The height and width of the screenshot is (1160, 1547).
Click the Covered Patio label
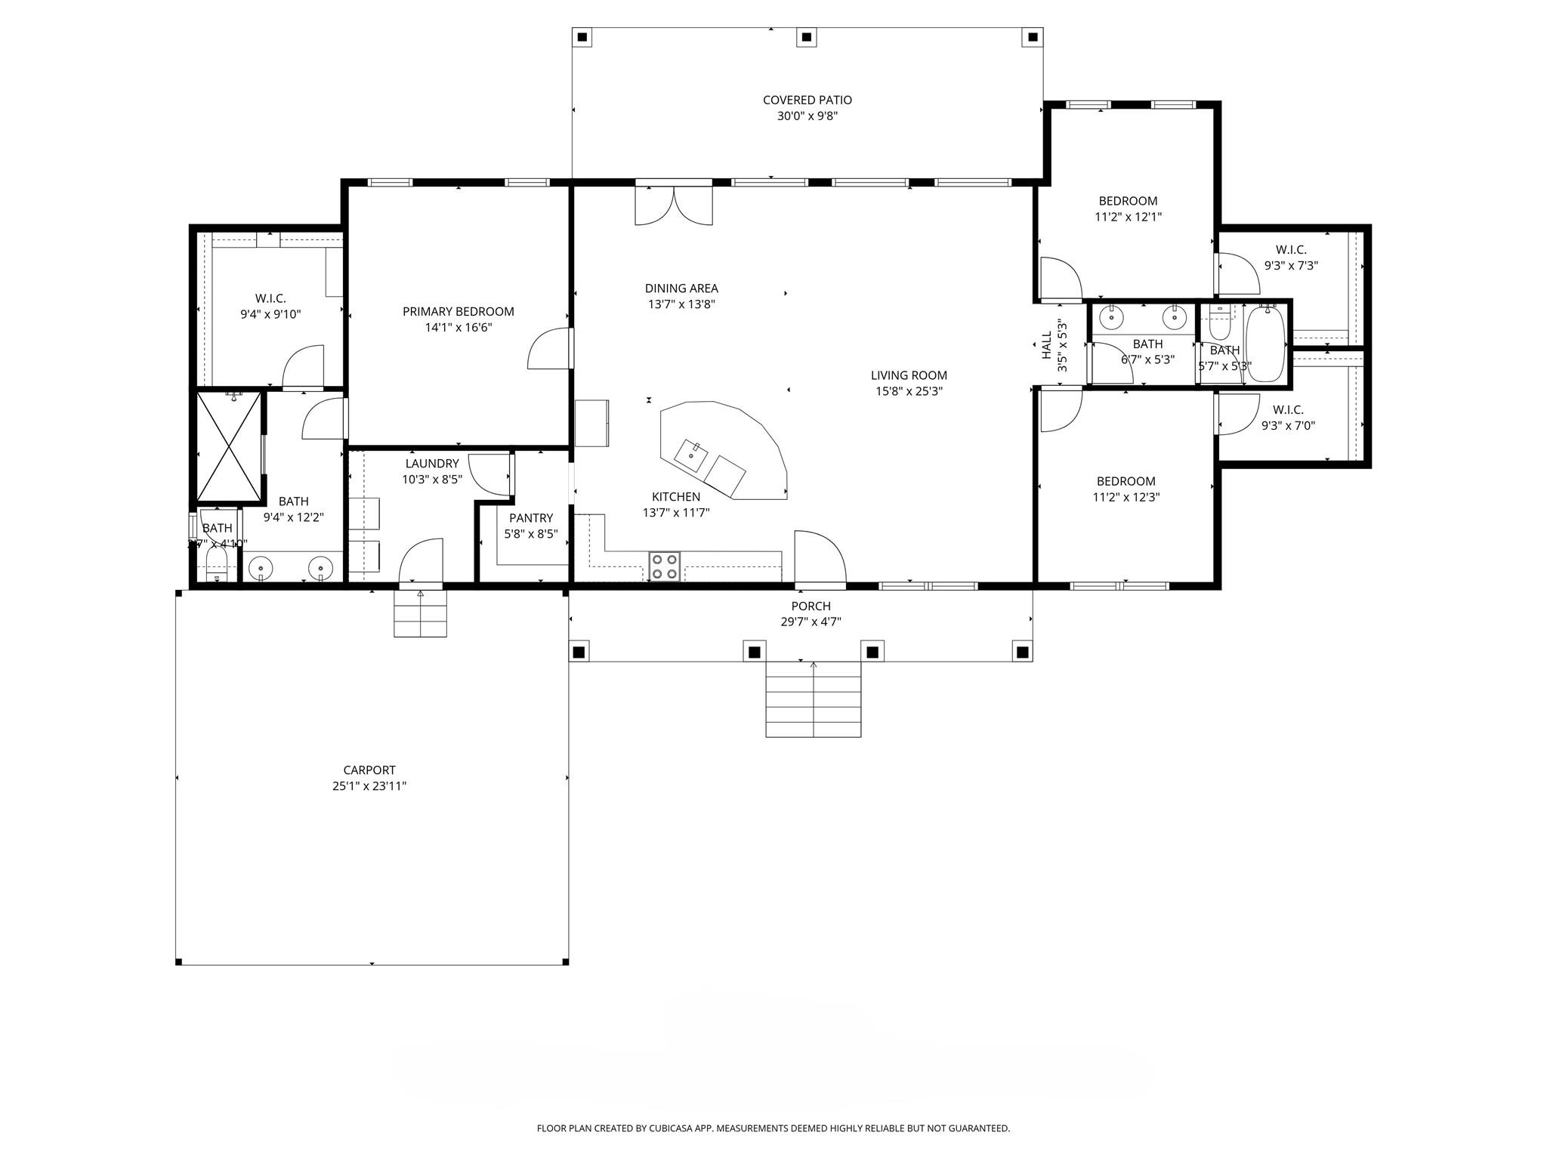[x=807, y=100]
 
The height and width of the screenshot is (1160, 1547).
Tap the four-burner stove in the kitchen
[x=665, y=566]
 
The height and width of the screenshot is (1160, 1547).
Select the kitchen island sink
[x=690, y=455]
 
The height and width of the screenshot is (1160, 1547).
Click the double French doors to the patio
[x=673, y=204]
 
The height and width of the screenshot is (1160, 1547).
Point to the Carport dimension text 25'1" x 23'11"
[x=369, y=785]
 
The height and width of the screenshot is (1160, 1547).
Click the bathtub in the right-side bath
[x=1265, y=344]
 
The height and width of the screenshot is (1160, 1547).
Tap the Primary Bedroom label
[x=458, y=311]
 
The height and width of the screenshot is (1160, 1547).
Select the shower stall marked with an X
[x=228, y=446]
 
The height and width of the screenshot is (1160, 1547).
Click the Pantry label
[x=530, y=518]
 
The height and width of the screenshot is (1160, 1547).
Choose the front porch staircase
[x=813, y=699]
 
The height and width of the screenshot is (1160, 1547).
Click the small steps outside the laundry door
[x=420, y=614]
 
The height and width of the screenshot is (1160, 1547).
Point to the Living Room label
[x=908, y=375]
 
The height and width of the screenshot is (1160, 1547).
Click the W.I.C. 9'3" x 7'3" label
[x=1290, y=258]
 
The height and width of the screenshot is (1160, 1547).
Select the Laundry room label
[x=431, y=464]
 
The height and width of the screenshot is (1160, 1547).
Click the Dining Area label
[x=681, y=288]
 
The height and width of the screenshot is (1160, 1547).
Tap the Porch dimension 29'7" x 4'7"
[x=811, y=622]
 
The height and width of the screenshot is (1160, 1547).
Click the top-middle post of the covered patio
[x=807, y=36]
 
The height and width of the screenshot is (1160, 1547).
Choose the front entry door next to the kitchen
[x=820, y=559]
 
